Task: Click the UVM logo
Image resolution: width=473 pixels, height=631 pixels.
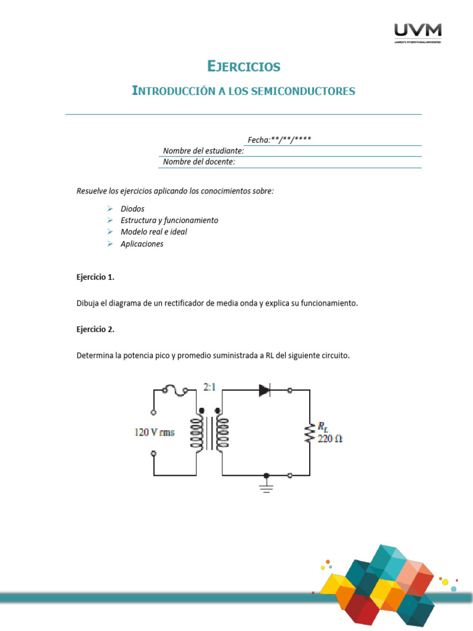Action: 418,33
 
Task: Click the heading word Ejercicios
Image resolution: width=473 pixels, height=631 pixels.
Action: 243,66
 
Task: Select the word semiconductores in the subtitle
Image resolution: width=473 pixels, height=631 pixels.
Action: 307,91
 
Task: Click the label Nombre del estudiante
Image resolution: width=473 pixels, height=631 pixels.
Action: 203,151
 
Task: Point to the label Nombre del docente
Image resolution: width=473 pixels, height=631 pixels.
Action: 199,162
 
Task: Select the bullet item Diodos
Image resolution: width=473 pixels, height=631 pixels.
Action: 132,209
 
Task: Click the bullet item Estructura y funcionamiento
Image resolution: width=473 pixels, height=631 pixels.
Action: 169,221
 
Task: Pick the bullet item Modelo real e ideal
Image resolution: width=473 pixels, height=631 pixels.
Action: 154,232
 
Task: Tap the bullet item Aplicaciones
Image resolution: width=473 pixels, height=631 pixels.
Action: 142,244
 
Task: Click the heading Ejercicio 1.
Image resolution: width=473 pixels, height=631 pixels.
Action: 95,277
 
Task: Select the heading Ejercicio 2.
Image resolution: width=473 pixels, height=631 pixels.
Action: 95,329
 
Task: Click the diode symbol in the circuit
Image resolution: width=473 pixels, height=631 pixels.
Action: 265,390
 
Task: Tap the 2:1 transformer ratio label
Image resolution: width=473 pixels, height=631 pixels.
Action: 209,388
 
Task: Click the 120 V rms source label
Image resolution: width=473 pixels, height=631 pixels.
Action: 155,432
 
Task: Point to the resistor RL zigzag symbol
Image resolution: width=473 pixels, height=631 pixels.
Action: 309,433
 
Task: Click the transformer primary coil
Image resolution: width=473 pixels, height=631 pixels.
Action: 198,432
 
